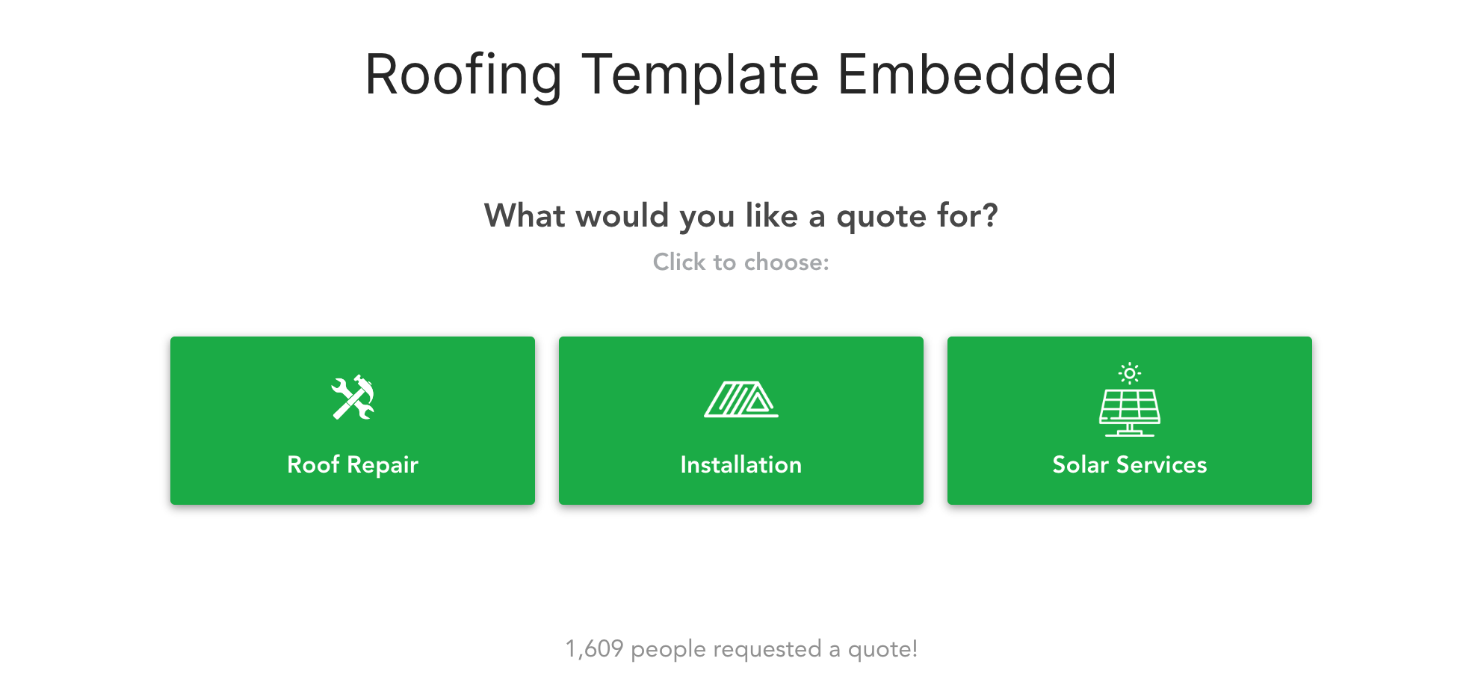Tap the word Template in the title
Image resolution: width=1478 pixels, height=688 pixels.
pos(700,76)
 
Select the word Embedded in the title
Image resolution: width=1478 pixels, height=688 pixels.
pos(977,76)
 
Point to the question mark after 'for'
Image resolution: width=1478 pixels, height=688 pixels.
pos(989,215)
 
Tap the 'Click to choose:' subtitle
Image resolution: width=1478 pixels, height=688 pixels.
pos(740,262)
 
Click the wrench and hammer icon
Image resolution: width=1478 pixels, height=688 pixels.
pos(353,397)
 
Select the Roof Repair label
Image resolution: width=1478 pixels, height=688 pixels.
pos(353,464)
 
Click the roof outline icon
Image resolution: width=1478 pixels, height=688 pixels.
pos(740,399)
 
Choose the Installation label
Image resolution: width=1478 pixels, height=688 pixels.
pos(740,464)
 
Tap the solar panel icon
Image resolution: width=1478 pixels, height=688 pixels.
pos(1129,412)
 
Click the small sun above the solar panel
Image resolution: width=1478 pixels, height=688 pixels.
pos(1129,372)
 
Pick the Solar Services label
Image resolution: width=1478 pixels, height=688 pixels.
pos(1129,464)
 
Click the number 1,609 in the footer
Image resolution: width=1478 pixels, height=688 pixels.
pos(594,648)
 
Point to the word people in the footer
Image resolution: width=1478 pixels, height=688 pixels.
pos(669,649)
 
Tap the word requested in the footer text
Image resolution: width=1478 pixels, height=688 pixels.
pos(767,649)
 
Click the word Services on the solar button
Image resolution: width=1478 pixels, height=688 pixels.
pos(1161,464)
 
